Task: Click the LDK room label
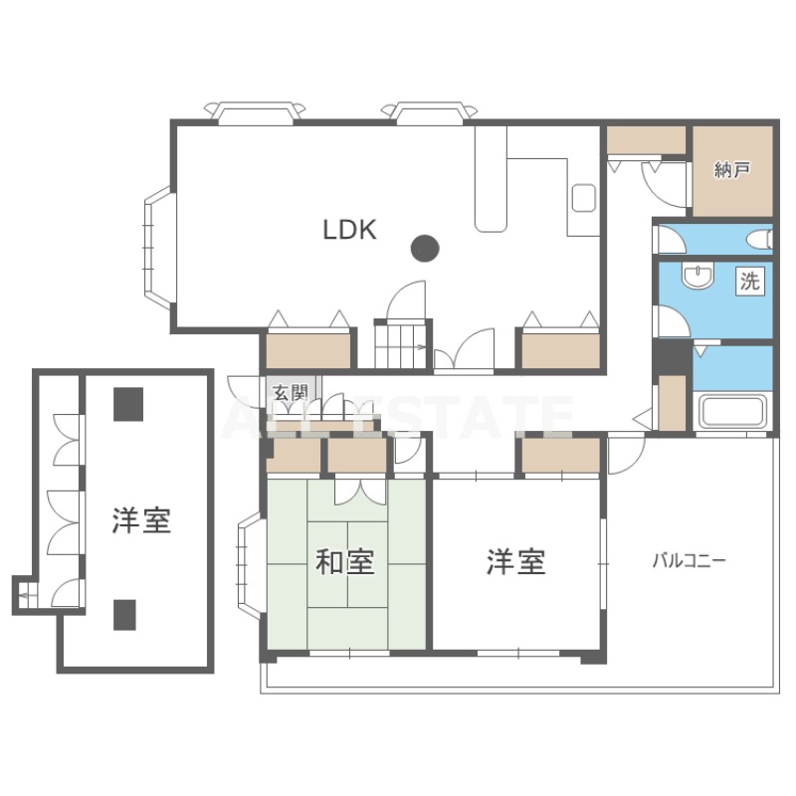coord(350,230)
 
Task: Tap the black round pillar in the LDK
coord(425,249)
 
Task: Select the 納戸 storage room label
coord(732,170)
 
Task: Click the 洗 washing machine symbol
coord(749,281)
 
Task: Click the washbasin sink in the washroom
coord(698,276)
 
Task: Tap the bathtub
coord(732,412)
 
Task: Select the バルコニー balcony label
coord(689,561)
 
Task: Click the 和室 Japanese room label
coord(345,562)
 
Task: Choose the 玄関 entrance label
coord(291,392)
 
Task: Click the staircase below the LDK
coord(401,345)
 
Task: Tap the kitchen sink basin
coord(584,198)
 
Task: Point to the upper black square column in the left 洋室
coord(128,405)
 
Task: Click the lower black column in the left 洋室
coord(124,615)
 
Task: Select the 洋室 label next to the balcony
coord(515,562)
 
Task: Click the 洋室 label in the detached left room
coord(141,520)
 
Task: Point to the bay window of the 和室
coord(250,564)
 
